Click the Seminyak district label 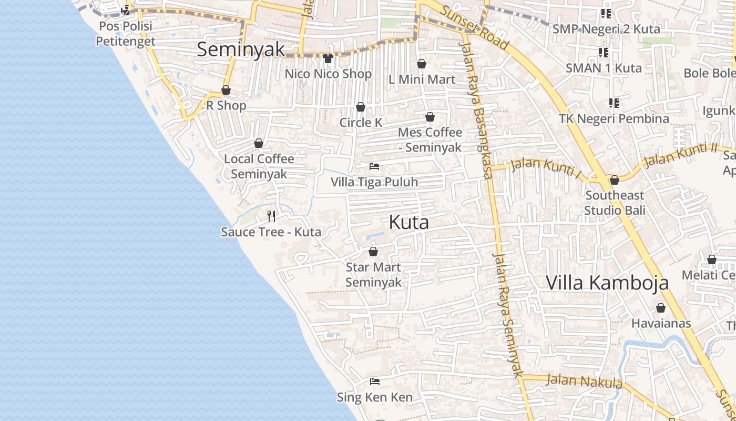(241, 49)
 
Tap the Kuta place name (408, 222)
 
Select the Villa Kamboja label (607, 283)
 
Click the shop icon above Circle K (361, 107)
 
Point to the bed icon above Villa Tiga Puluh (374, 166)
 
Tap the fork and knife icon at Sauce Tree (271, 216)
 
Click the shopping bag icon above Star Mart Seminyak (373, 252)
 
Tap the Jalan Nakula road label (584, 381)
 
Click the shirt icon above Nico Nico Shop (329, 58)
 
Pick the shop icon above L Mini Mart (422, 64)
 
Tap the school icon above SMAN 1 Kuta (604, 53)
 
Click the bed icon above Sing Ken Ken (375, 382)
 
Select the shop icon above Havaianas (661, 308)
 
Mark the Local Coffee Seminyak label (259, 166)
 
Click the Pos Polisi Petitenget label (125, 34)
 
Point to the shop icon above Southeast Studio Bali (615, 181)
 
